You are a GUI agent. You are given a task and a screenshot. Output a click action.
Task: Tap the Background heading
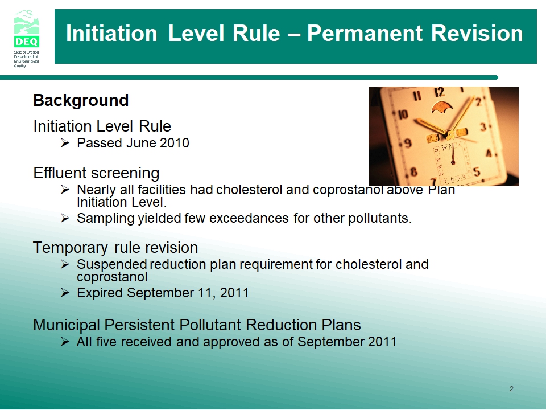[81, 100]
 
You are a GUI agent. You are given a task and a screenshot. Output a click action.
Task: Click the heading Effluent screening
[96, 173]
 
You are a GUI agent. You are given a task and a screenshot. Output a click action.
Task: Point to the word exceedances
[249, 218]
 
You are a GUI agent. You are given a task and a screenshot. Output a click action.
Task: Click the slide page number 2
[511, 389]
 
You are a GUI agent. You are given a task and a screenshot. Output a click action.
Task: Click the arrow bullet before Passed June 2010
[65, 143]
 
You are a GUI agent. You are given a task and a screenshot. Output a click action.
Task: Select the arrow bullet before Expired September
[65, 293]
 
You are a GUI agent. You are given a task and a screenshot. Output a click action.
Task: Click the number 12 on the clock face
[440, 92]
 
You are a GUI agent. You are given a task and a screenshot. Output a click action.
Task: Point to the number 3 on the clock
[483, 127]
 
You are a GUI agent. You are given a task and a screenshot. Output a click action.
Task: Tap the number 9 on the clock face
[407, 143]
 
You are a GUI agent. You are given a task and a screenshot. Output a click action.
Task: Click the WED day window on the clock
[432, 138]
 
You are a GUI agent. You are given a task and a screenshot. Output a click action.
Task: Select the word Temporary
[71, 248]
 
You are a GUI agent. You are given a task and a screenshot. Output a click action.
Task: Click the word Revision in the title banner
[477, 34]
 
